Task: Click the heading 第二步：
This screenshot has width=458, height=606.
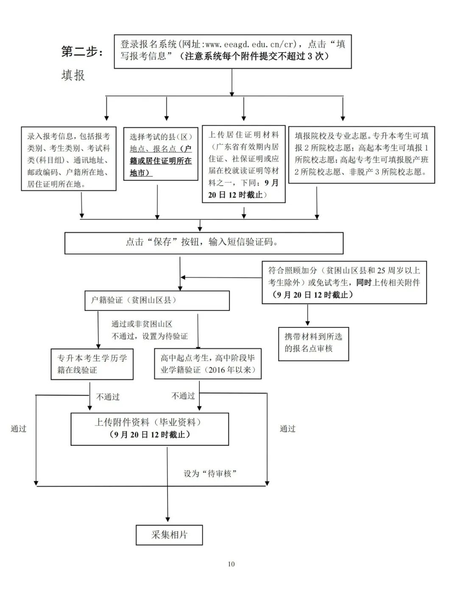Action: [82, 52]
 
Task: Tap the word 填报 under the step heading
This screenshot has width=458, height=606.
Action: [73, 75]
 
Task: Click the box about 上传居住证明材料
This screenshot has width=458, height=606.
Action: [243, 164]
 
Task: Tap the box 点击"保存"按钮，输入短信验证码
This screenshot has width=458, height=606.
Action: [204, 242]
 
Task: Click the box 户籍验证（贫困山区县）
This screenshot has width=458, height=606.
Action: [157, 300]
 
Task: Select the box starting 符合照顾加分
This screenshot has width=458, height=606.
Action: [344, 282]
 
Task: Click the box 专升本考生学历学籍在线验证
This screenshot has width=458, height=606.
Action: [92, 364]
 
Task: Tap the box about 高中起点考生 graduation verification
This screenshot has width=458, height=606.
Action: [207, 364]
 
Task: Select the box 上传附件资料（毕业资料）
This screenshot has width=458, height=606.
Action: [150, 428]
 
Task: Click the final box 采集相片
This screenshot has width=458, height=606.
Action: [169, 535]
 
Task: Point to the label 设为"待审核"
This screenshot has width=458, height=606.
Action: [210, 474]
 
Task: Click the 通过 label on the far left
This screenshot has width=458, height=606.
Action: [19, 429]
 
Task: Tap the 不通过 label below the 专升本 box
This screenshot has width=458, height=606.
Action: [108, 397]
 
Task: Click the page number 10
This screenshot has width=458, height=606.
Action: [231, 564]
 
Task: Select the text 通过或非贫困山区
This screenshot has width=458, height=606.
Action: [142, 324]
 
